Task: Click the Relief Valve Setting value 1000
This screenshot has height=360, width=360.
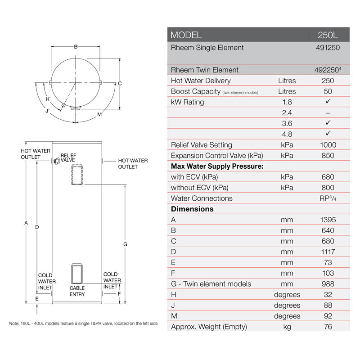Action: pyautogui.click(x=328, y=145)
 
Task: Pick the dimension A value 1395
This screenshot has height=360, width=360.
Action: pyautogui.click(x=328, y=220)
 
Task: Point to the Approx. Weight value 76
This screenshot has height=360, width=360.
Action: pyautogui.click(x=328, y=327)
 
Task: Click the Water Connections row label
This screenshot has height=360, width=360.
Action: pyautogui.click(x=202, y=198)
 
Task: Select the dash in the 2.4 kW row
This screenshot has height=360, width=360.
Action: pyautogui.click(x=328, y=113)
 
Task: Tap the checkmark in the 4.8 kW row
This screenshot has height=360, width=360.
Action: pyautogui.click(x=328, y=134)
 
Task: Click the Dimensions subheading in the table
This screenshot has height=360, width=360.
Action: pyautogui.click(x=192, y=209)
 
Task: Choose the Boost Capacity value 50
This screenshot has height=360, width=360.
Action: pyautogui.click(x=328, y=91)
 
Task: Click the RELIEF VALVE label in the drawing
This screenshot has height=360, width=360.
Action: pyautogui.click(x=68, y=157)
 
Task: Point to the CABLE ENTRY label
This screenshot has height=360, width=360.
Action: pyautogui.click(x=77, y=291)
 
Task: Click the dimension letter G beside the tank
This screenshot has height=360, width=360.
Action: pyautogui.click(x=125, y=244)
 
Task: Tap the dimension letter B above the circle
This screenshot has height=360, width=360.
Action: pyautogui.click(x=76, y=47)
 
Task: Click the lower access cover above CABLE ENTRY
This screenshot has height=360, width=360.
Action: pyautogui.click(x=77, y=273)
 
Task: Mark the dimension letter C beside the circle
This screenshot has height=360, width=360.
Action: pyautogui.click(x=120, y=83)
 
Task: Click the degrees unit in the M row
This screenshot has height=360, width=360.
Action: pyautogui.click(x=287, y=316)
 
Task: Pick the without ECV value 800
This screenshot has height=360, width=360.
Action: pyautogui.click(x=328, y=188)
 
